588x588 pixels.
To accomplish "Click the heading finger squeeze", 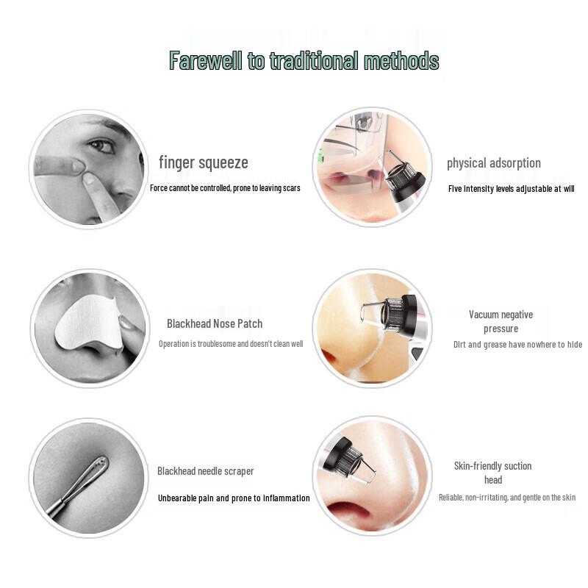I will click(204, 162).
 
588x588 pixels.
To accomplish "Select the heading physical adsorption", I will click(493, 163).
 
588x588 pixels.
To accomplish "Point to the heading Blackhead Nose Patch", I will click(214, 323).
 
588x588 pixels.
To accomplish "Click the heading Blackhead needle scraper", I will click(205, 471).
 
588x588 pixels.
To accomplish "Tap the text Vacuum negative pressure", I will click(501, 321).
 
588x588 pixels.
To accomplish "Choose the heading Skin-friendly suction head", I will click(492, 473).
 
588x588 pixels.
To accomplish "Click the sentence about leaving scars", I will click(225, 188).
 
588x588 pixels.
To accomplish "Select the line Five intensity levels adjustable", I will click(511, 189).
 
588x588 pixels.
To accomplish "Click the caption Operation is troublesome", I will click(230, 344).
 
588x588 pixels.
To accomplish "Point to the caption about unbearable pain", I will click(234, 498).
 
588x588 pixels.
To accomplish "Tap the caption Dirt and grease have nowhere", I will click(517, 345).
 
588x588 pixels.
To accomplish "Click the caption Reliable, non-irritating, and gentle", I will click(506, 498).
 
